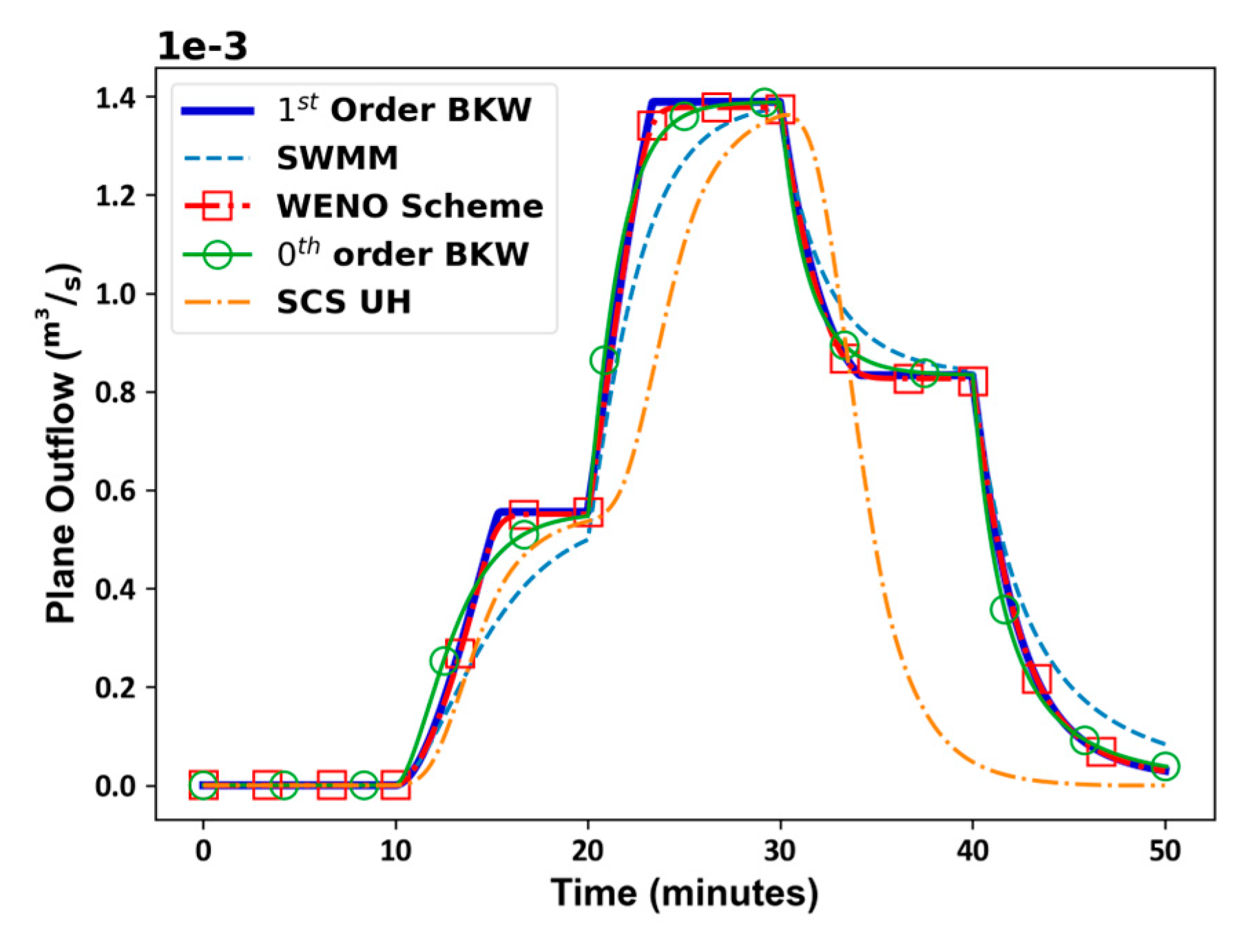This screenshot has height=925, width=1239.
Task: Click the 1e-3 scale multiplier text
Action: (x=202, y=47)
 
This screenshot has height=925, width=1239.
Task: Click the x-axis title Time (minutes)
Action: (x=684, y=893)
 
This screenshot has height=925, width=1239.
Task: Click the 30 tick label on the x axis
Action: (x=780, y=852)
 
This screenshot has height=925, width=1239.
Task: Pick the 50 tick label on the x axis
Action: (x=1165, y=852)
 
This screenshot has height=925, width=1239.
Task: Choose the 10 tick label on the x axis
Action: (x=395, y=852)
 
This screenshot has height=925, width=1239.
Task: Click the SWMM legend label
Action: (x=337, y=158)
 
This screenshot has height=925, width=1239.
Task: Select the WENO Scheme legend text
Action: (x=410, y=206)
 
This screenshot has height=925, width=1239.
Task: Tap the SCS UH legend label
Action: (x=344, y=302)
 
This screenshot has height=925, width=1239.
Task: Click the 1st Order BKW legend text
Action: (x=404, y=110)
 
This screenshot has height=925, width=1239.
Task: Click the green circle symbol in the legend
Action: (x=217, y=255)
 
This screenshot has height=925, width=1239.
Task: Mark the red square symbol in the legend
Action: (x=217, y=206)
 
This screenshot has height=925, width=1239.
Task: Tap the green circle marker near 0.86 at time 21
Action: (x=604, y=360)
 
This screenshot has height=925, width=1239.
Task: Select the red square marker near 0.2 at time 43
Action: (x=1037, y=679)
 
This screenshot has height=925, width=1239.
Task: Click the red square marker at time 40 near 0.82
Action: (x=972, y=381)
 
